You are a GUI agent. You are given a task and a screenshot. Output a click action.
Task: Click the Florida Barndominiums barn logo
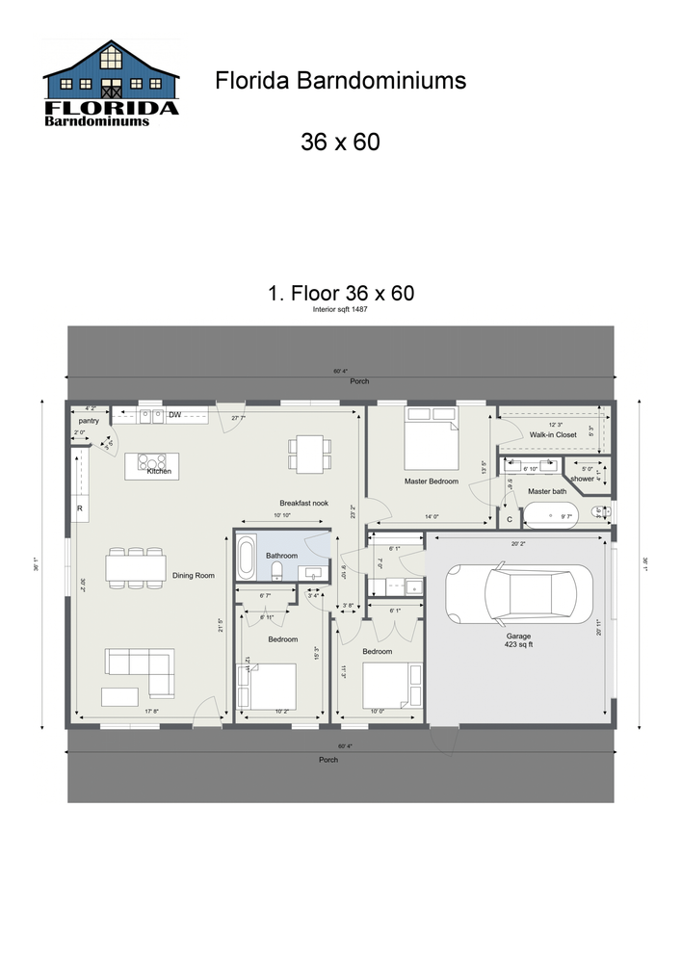(x=111, y=84)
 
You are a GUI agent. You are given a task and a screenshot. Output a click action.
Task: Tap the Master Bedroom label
(x=431, y=481)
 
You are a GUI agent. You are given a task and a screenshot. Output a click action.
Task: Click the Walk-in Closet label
(x=553, y=434)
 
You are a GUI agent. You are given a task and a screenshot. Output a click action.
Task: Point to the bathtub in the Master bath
(x=550, y=516)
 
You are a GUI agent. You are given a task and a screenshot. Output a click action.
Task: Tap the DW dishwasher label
(x=175, y=415)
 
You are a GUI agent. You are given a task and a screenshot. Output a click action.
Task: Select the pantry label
(x=90, y=421)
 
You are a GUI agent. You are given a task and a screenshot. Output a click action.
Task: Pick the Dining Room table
(x=136, y=568)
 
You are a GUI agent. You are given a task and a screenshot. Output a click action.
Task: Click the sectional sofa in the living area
(x=140, y=669)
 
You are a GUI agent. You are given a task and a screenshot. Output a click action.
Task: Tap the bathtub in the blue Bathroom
(x=246, y=557)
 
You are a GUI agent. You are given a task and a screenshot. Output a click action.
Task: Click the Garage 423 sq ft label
(x=519, y=640)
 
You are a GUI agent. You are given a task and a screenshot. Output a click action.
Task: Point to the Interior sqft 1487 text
(x=340, y=310)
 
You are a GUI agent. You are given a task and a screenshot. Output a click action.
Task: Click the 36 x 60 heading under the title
(x=340, y=142)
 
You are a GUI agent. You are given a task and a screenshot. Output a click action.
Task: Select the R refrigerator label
(x=79, y=508)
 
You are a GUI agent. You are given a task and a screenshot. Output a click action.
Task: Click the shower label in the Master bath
(x=582, y=478)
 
